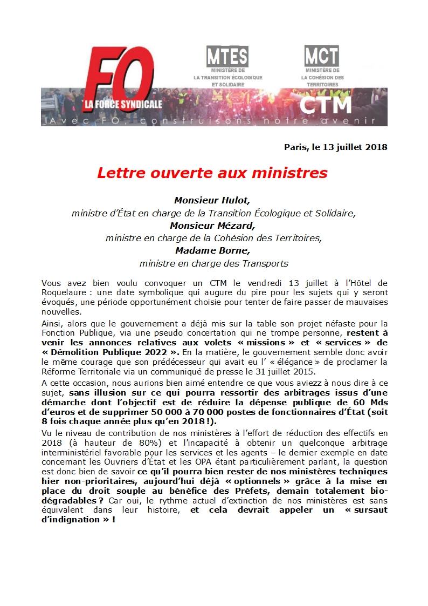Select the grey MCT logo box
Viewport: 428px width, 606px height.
click(x=322, y=56)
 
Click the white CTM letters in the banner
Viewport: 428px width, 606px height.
click(x=326, y=105)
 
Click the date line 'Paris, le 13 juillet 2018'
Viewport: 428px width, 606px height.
click(x=336, y=147)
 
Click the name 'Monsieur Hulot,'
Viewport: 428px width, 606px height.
click(x=212, y=200)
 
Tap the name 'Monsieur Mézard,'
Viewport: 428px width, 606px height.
click(x=212, y=225)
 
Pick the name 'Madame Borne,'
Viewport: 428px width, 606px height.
click(x=212, y=250)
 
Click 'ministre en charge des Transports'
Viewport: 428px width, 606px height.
click(x=213, y=263)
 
